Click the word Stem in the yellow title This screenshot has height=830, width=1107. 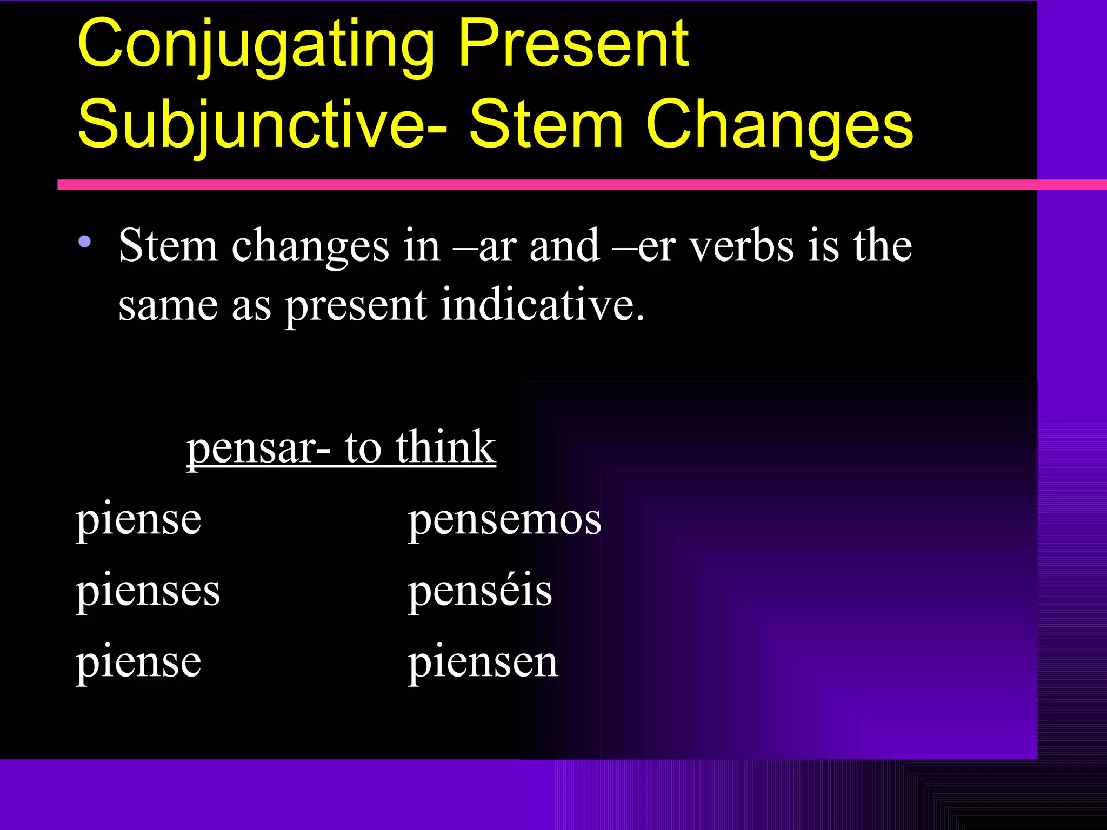click(546, 124)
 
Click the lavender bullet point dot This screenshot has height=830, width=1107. click(84, 242)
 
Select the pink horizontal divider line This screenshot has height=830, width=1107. click(541, 185)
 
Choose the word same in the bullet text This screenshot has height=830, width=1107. click(168, 306)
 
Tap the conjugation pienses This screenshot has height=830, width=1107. click(148, 591)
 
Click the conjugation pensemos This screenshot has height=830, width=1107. click(504, 520)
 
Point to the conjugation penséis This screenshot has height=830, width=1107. click(479, 590)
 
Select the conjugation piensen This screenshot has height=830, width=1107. click(482, 662)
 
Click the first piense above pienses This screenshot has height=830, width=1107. click(138, 520)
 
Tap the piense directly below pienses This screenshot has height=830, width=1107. click(138, 662)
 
